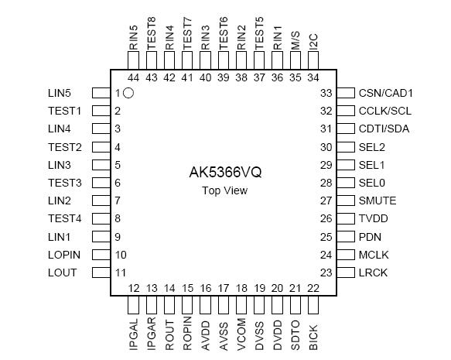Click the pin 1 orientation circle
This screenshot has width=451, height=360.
(129, 93)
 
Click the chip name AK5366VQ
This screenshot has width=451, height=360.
(225, 172)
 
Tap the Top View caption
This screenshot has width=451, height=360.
(225, 190)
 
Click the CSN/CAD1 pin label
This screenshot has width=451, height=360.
(386, 93)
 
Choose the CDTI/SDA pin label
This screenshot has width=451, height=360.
(384, 129)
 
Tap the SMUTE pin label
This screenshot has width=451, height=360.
(377, 201)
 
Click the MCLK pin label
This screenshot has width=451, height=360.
(374, 255)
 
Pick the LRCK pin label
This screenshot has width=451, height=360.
(373, 273)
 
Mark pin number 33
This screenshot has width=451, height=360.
(326, 93)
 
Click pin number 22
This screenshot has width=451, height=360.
(313, 289)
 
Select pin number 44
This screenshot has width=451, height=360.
(134, 77)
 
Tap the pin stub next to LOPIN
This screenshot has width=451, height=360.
(101, 255)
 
